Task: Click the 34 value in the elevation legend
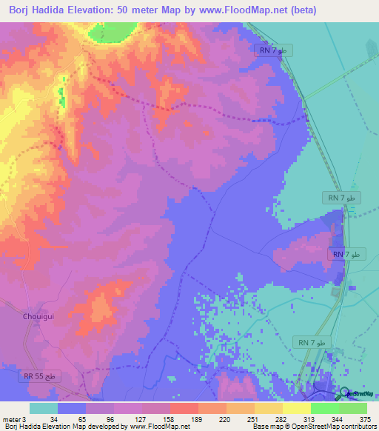coord(54,419)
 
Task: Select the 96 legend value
coord(110,419)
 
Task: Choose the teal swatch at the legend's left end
coord(43,408)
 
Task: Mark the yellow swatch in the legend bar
coord(296,408)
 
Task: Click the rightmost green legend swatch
coord(353,408)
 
